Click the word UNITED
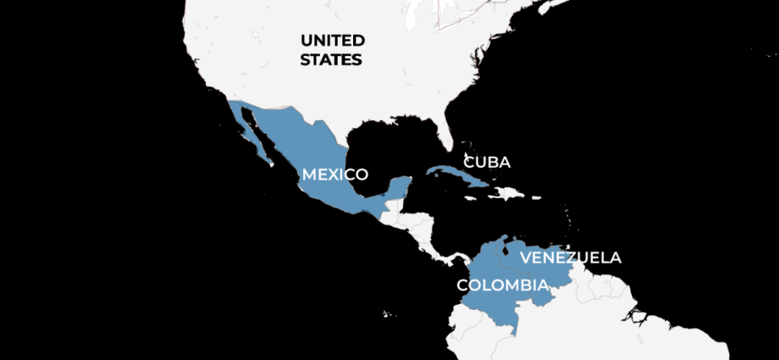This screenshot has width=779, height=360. point(333,41)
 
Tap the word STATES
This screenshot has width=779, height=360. point(333,60)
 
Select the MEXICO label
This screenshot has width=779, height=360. point(335,174)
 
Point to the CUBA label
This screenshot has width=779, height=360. point(487,162)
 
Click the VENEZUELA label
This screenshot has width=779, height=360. point(571,258)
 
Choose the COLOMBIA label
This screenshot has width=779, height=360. point(502,285)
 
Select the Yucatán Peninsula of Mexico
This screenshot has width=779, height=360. point(398,188)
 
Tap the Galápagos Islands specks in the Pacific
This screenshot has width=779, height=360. point(387,313)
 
